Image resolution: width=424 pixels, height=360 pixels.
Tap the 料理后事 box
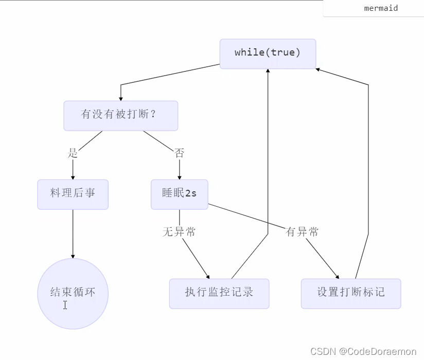click(x=73, y=194)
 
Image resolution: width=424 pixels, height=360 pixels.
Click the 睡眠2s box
click(x=179, y=194)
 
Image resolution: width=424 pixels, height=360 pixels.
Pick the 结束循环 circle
click(x=73, y=293)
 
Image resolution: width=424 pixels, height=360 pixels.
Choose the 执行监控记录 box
click(x=219, y=293)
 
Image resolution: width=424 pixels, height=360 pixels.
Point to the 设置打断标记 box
click(x=351, y=293)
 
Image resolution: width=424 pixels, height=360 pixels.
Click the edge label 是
click(x=73, y=153)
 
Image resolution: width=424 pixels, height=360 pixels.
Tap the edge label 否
click(x=179, y=153)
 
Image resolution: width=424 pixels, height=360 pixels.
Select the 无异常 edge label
click(x=179, y=232)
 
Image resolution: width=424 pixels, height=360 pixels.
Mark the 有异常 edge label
click(x=302, y=232)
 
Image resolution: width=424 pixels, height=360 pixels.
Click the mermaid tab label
click(x=381, y=8)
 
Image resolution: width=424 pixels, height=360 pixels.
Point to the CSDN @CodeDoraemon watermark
click(x=363, y=351)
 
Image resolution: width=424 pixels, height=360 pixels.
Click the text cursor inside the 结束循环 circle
click(x=65, y=305)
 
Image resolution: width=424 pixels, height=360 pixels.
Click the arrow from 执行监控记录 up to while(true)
click(x=268, y=154)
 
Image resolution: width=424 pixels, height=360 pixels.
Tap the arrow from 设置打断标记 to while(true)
click(x=368, y=154)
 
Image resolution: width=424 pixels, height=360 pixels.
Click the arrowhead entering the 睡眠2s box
click(x=179, y=176)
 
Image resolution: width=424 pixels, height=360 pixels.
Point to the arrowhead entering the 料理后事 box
click(x=73, y=176)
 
